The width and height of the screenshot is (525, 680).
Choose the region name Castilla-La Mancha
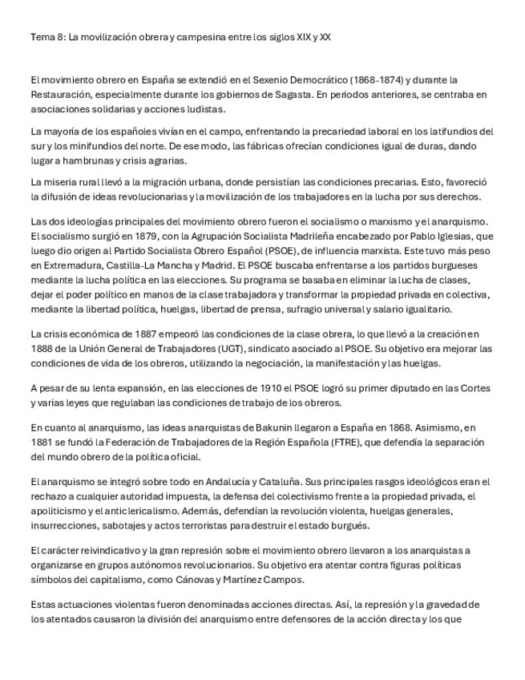148,265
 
